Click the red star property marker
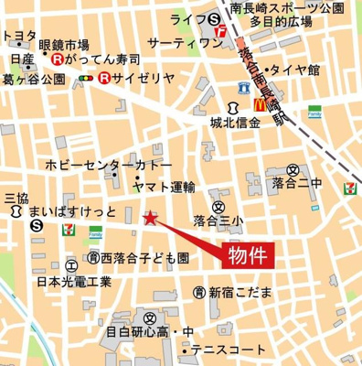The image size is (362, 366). pyautogui.click(x=151, y=217)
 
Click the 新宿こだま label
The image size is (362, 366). pyautogui.click(x=240, y=292)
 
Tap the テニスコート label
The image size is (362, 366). pyautogui.click(x=229, y=350)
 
